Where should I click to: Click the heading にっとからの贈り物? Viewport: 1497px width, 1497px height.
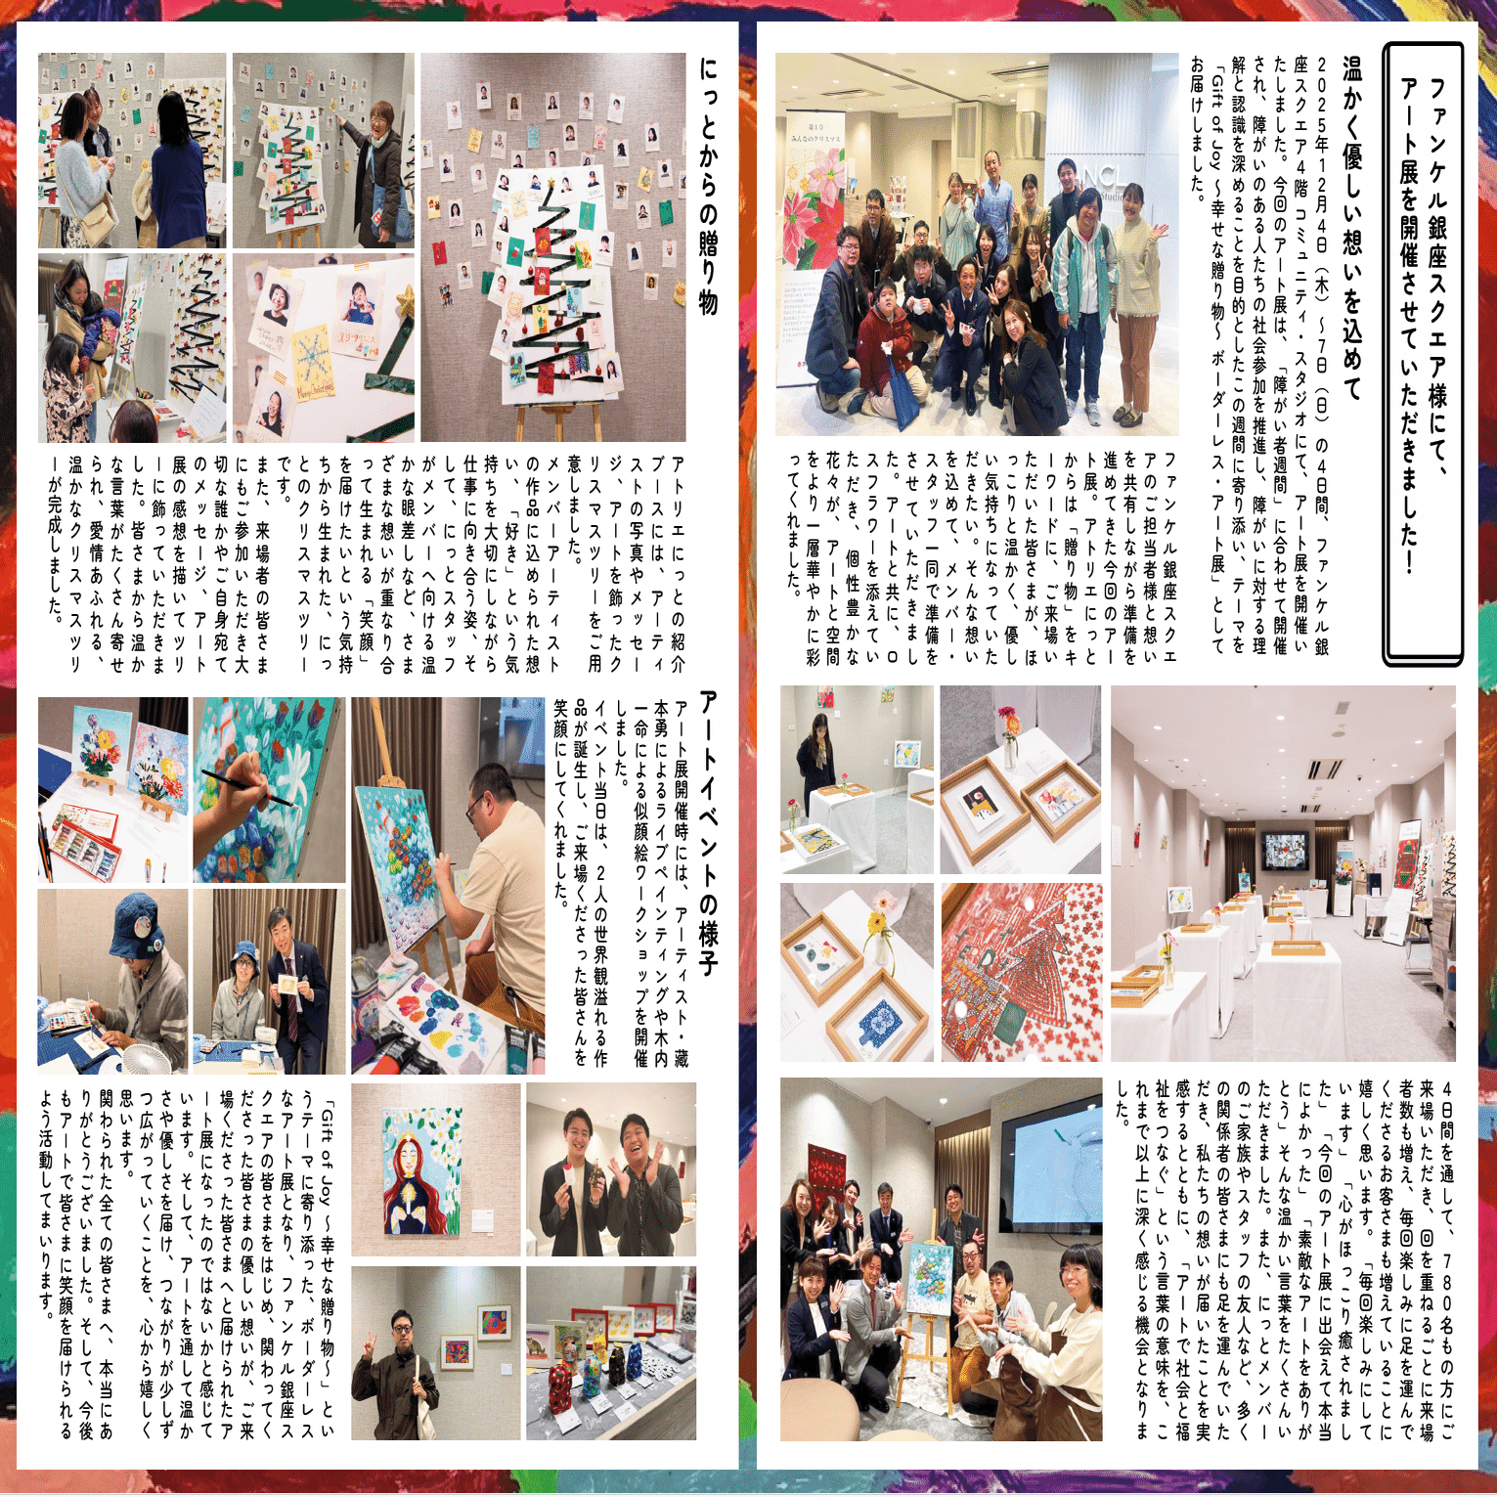709,186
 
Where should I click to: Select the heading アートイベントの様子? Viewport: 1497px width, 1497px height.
709,833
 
